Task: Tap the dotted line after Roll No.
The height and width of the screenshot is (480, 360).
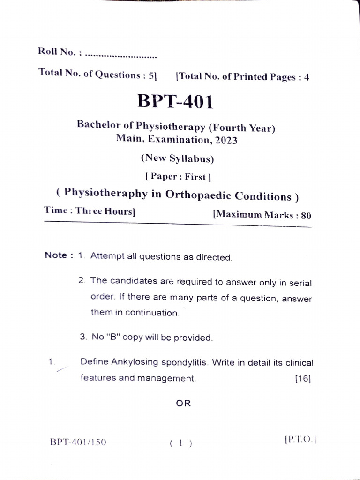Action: (x=121, y=56)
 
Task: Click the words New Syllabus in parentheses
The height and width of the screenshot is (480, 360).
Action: (x=177, y=158)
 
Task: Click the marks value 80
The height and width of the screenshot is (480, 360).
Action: (x=306, y=216)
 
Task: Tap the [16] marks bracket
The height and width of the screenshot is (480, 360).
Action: (x=303, y=379)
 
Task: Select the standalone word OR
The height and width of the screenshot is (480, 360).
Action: (x=184, y=403)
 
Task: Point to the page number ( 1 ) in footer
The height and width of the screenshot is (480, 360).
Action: (x=181, y=443)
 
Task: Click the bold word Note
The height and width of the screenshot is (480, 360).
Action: (x=56, y=255)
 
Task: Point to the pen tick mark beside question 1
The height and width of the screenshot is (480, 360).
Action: (x=61, y=369)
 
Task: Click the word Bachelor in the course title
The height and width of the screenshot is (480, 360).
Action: (x=97, y=125)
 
